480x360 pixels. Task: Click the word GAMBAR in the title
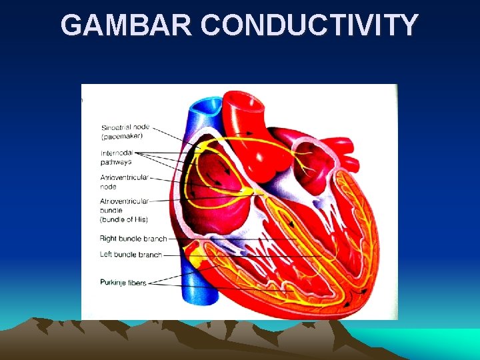pyautogui.click(x=127, y=25)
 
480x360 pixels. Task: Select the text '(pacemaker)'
pyautogui.click(x=122, y=136)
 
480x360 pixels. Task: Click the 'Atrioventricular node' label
pyautogui.click(x=124, y=182)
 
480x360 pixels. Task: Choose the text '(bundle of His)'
pyautogui.click(x=124, y=219)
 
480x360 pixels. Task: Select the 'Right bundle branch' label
pyautogui.click(x=133, y=238)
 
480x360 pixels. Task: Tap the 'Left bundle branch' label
pyautogui.click(x=131, y=255)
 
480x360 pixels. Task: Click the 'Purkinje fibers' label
pyautogui.click(x=123, y=283)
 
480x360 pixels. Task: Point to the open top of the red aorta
pyautogui.click(x=242, y=100)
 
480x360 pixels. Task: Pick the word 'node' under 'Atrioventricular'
pyautogui.click(x=109, y=187)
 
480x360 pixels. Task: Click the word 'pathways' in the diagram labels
pyautogui.click(x=116, y=161)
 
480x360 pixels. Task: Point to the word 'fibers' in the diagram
pyautogui.click(x=136, y=283)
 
